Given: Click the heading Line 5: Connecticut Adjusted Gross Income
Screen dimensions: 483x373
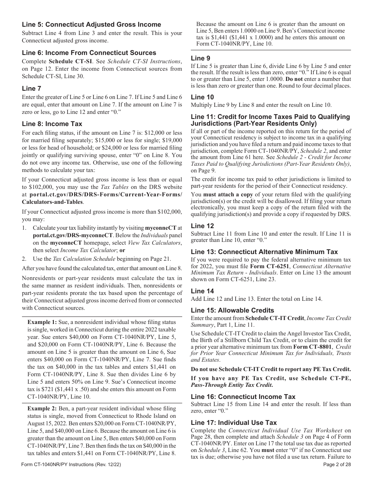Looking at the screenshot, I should [x=91, y=25].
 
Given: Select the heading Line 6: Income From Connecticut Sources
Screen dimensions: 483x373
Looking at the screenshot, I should [x=89, y=53].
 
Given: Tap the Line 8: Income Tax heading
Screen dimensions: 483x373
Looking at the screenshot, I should [x=52, y=124].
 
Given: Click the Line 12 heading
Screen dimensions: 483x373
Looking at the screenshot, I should [x=202, y=226].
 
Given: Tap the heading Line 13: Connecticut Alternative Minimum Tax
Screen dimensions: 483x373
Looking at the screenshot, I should [x=264, y=252].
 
